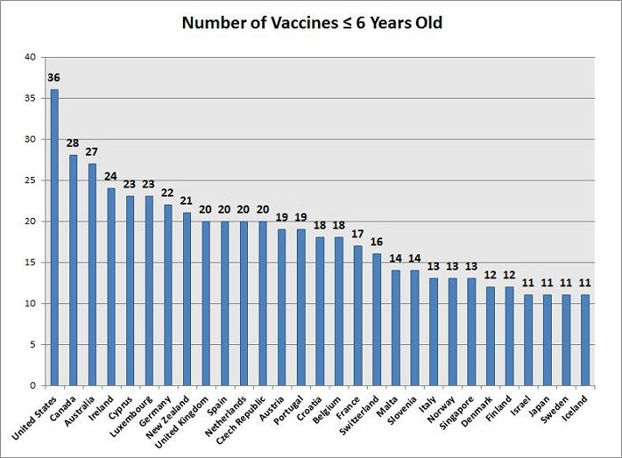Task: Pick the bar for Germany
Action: (168, 294)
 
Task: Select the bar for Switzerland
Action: (377, 319)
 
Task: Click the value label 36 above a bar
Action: (54, 77)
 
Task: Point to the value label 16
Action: (377, 242)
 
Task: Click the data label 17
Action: (358, 234)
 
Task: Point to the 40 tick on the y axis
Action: (30, 57)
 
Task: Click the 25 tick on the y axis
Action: (30, 181)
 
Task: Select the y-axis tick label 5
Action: (33, 344)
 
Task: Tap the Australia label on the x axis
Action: (78, 411)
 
